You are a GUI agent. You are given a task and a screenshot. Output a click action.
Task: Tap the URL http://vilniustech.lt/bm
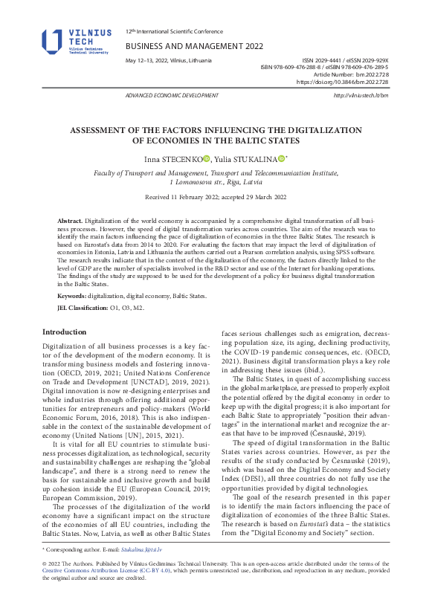point(361,96)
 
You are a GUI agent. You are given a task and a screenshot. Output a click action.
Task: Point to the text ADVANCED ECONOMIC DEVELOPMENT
point(172,96)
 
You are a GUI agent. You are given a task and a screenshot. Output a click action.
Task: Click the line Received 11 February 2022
point(216,197)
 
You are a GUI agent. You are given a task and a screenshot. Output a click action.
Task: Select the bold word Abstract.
point(70,222)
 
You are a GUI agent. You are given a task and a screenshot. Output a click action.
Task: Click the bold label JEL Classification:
point(83,306)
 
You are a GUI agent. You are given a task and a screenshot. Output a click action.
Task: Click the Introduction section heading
point(64,332)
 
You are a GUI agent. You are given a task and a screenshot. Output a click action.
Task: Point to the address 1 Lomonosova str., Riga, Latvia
point(216,181)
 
